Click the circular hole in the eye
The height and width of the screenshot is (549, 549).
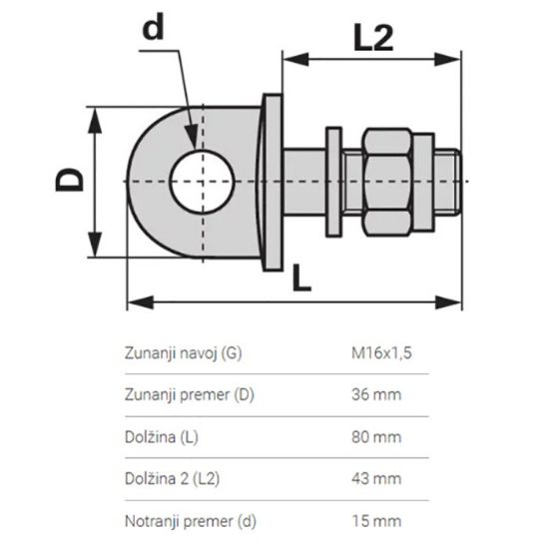(x=204, y=181)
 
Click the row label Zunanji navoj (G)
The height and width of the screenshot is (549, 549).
(x=183, y=353)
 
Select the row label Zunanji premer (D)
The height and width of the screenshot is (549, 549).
(x=190, y=394)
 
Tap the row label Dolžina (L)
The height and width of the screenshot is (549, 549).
(x=165, y=436)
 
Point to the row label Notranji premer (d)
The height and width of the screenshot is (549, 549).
(x=190, y=519)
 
